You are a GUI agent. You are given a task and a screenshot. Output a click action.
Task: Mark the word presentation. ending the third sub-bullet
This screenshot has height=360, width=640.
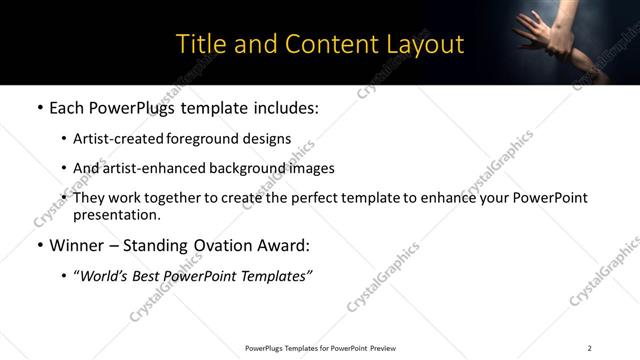point(116,214)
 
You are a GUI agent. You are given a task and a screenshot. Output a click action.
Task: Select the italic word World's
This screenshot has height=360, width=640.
point(107,275)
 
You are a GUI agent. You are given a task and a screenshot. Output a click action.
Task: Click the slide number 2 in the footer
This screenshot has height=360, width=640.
point(589,348)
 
